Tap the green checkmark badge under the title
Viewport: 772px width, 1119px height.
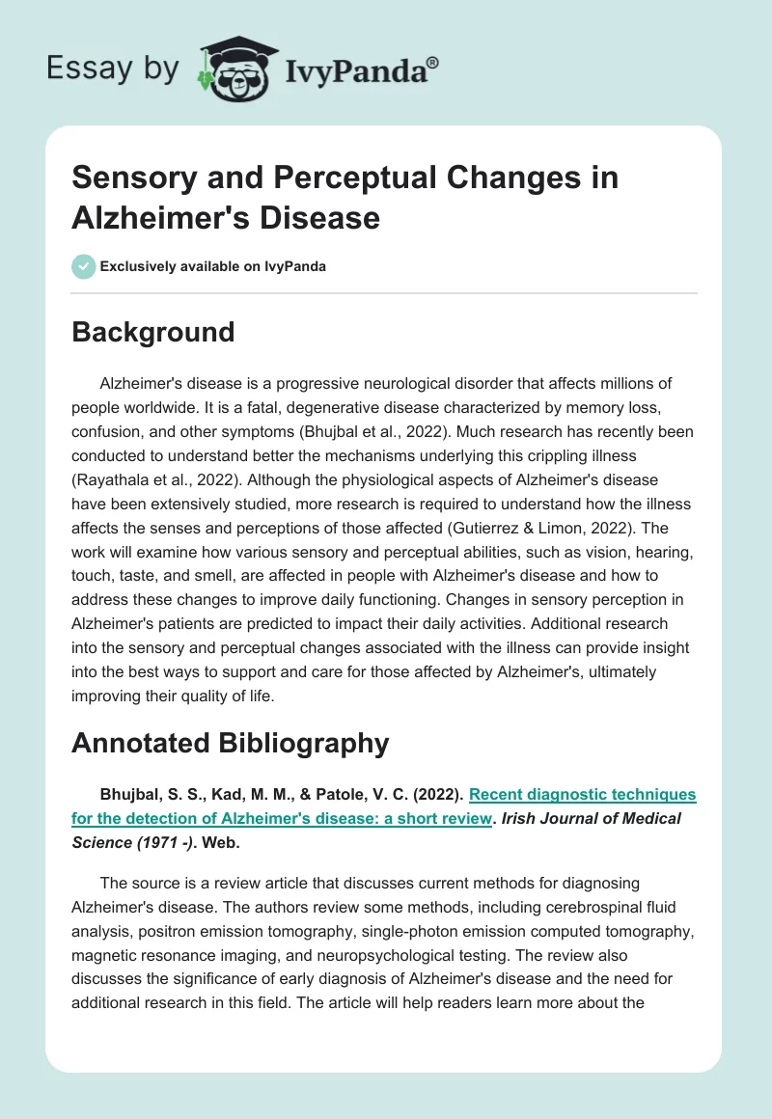point(84,266)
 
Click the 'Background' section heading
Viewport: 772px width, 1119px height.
point(152,332)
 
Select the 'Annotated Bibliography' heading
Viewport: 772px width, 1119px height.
point(230,743)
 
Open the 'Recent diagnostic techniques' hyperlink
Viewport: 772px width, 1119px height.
point(582,794)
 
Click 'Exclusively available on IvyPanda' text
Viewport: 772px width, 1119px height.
point(213,266)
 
